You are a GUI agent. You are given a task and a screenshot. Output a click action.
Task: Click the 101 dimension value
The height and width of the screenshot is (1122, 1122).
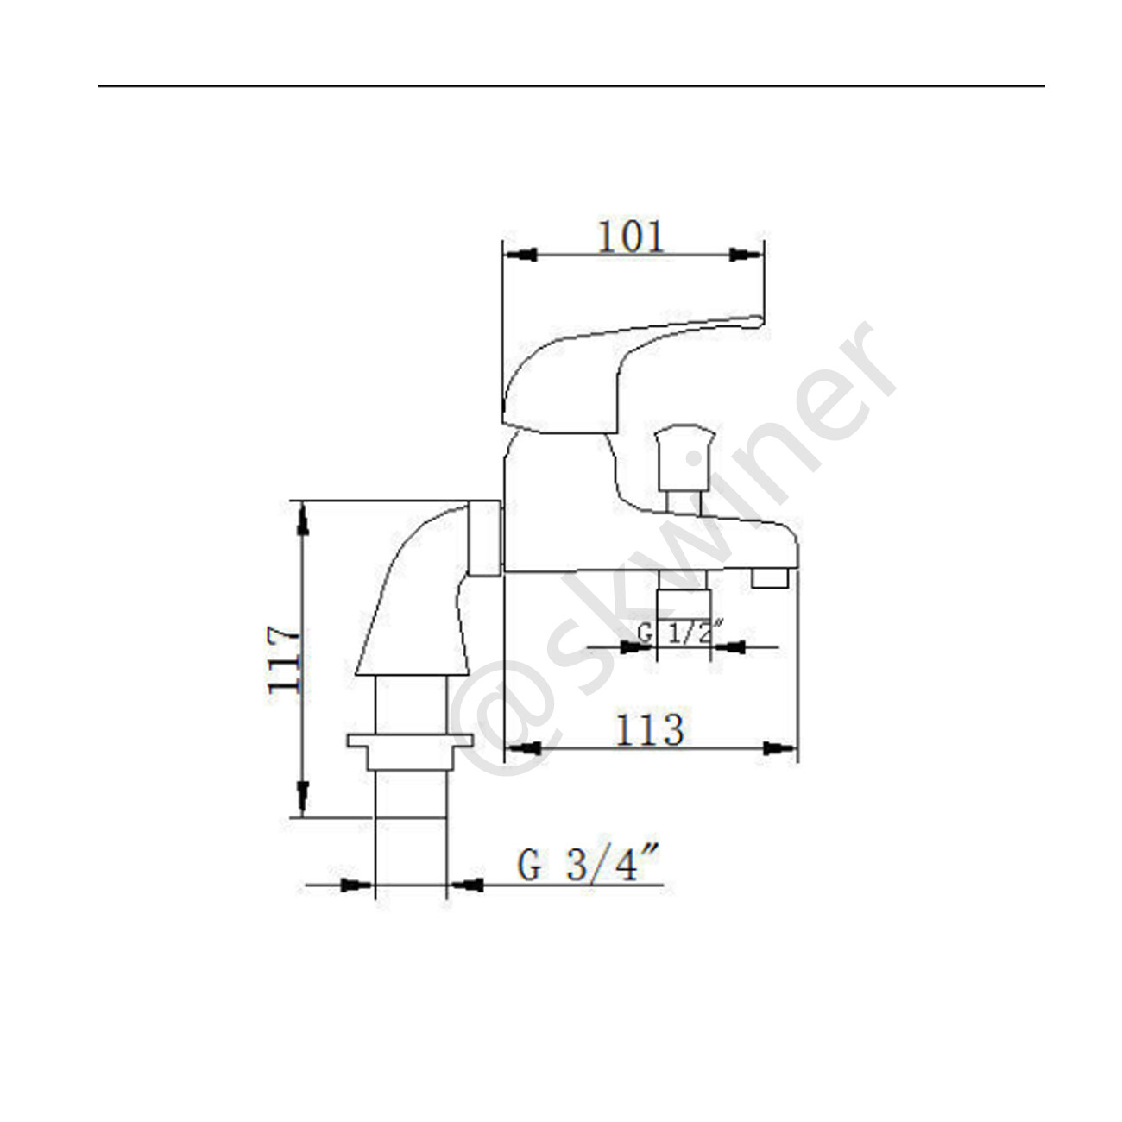[x=632, y=236]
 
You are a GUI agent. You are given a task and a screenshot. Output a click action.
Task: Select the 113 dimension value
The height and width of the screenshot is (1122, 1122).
[x=649, y=730]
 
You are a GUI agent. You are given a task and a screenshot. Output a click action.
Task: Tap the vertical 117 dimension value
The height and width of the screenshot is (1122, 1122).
[x=284, y=659]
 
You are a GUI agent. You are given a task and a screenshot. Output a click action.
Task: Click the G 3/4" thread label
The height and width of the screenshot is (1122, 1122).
[x=589, y=865]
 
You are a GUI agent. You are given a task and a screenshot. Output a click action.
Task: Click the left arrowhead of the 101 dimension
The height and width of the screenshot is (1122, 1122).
[x=521, y=255]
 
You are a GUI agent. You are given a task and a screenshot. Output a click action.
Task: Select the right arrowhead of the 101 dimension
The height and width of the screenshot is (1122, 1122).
[x=745, y=255]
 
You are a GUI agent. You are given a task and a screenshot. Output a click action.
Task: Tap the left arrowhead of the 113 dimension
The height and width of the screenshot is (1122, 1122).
[x=523, y=748]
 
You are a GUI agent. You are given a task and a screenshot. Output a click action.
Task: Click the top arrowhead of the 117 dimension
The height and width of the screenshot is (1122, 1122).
[x=302, y=519]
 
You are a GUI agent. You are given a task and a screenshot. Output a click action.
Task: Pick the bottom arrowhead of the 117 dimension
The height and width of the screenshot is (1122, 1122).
[x=302, y=797]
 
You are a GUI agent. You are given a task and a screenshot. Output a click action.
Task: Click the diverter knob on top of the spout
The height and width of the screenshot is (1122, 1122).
[x=686, y=457]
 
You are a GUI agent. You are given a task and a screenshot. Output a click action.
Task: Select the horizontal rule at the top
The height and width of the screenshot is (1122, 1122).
[x=570, y=86]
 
